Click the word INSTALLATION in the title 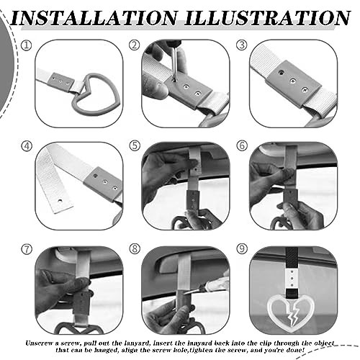tap(94, 18)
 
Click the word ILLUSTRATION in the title tap(267, 18)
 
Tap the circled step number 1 tap(27, 45)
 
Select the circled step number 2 tap(135, 45)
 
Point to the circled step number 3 tap(242, 45)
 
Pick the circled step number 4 tap(27, 146)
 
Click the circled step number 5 tap(135, 146)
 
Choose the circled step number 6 tap(242, 146)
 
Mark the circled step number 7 tap(27, 249)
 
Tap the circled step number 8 tap(135, 249)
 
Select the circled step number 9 tap(242, 249)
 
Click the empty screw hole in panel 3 tap(280, 72)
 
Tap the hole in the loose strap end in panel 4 tap(60, 200)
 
